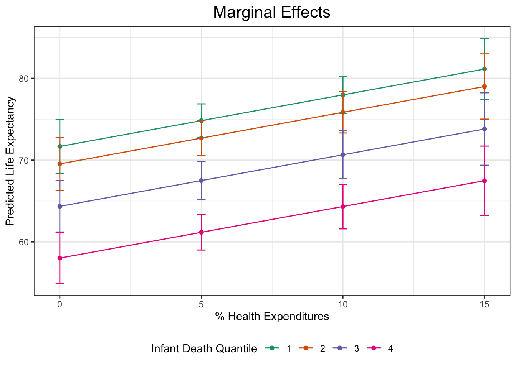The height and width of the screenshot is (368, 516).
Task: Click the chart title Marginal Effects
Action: point(271,12)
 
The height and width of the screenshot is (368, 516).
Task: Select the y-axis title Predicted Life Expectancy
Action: point(10,161)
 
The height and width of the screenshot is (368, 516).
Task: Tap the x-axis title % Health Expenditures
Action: point(272,317)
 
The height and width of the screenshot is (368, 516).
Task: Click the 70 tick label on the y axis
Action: point(24,160)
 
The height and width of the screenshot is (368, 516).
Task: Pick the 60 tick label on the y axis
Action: point(24,242)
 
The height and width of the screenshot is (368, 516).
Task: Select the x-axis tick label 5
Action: point(201,305)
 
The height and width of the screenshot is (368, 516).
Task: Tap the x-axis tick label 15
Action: point(484,305)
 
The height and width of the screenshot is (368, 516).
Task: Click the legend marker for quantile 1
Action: point(272,348)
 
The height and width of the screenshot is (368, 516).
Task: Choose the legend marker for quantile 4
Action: point(374,348)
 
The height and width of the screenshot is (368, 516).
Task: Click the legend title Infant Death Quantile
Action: point(204,349)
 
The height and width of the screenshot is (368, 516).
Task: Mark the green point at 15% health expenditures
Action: point(484,69)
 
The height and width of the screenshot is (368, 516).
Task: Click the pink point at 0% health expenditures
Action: point(60,258)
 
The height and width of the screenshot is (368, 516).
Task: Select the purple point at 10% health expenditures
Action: point(343,155)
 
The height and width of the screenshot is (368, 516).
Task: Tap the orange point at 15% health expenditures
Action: point(484,87)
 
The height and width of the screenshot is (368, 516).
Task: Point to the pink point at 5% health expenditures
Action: point(201,232)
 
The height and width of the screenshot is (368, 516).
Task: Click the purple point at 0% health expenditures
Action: point(60,206)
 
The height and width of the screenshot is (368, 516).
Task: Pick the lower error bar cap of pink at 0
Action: point(60,283)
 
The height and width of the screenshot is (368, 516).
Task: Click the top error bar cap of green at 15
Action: point(484,39)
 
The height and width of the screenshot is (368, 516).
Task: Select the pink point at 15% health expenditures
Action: point(484,181)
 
